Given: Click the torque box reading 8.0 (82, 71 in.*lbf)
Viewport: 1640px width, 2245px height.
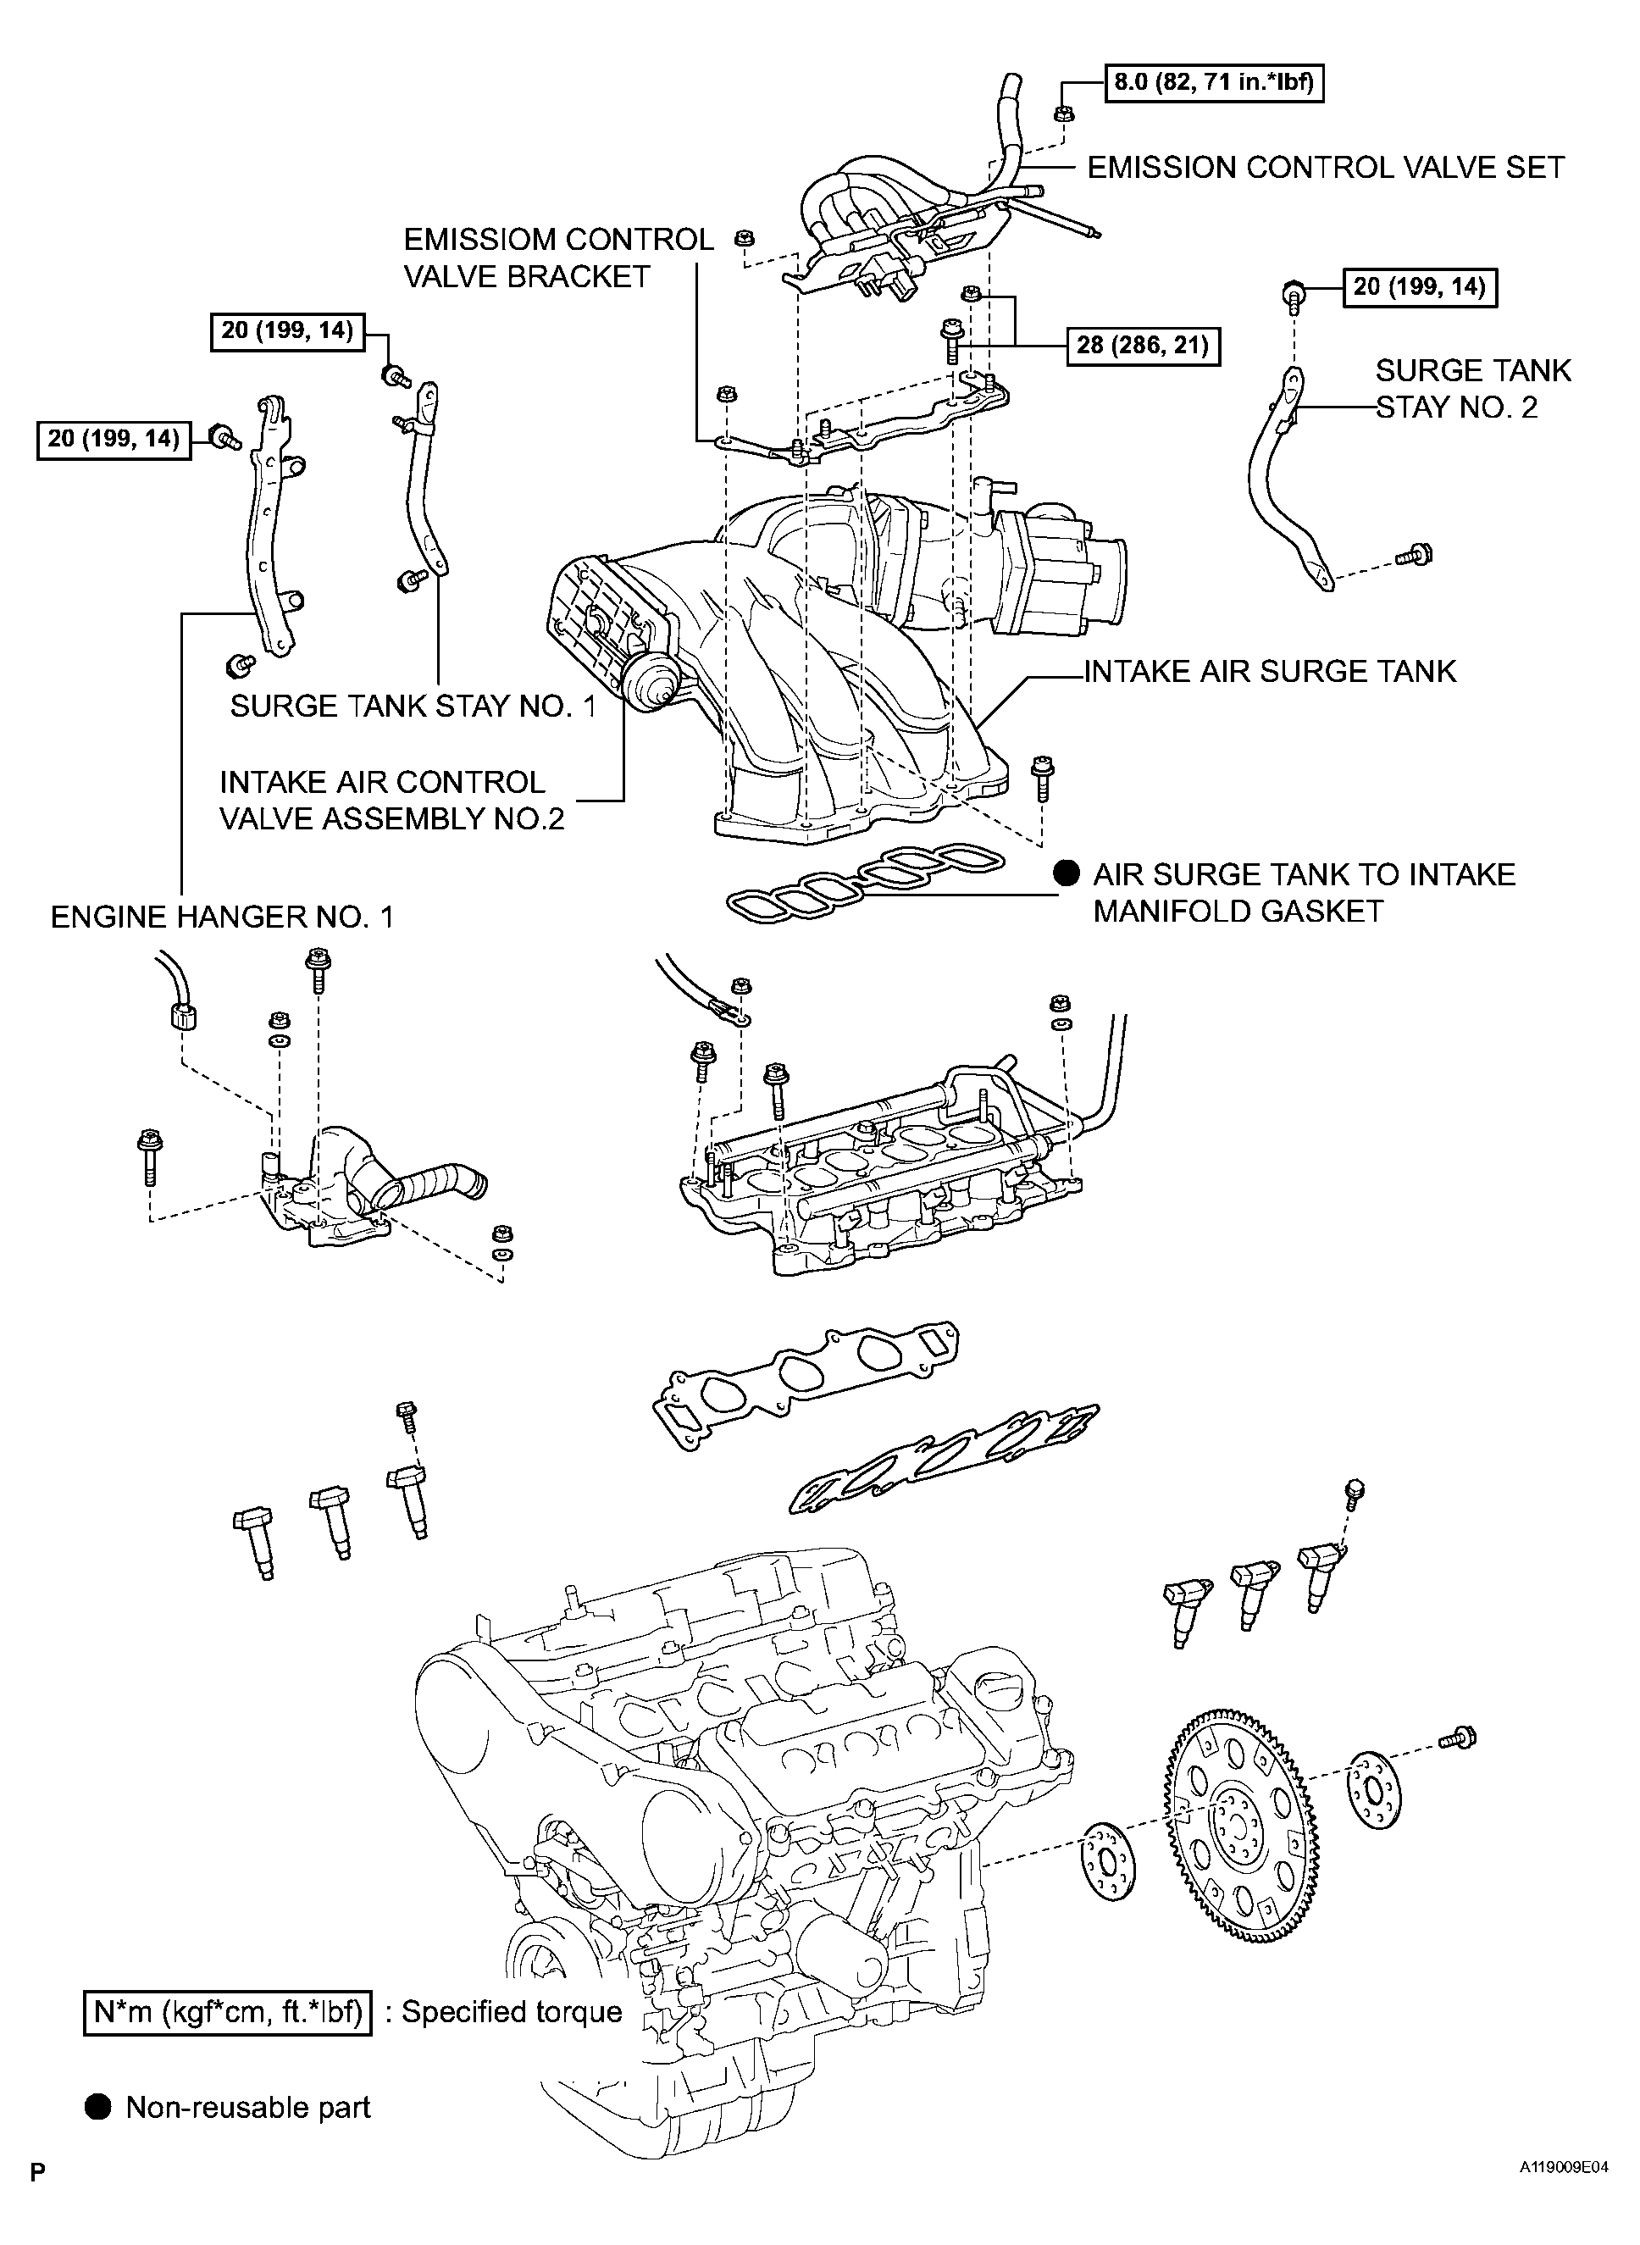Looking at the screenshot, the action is click(x=1214, y=82).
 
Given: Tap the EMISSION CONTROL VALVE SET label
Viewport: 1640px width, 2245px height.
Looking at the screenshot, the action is click(x=1326, y=168).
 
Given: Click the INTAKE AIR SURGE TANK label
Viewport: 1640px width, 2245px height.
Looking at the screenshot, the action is click(x=1270, y=671).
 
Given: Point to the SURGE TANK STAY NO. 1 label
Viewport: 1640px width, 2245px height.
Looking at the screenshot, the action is click(x=413, y=706).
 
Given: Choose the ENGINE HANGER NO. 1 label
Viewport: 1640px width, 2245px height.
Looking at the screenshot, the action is click(x=223, y=917).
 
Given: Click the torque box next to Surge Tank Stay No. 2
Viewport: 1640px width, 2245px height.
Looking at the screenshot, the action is click(x=1420, y=288).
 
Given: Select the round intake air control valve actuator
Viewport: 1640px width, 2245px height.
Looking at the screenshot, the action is click(x=651, y=681).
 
